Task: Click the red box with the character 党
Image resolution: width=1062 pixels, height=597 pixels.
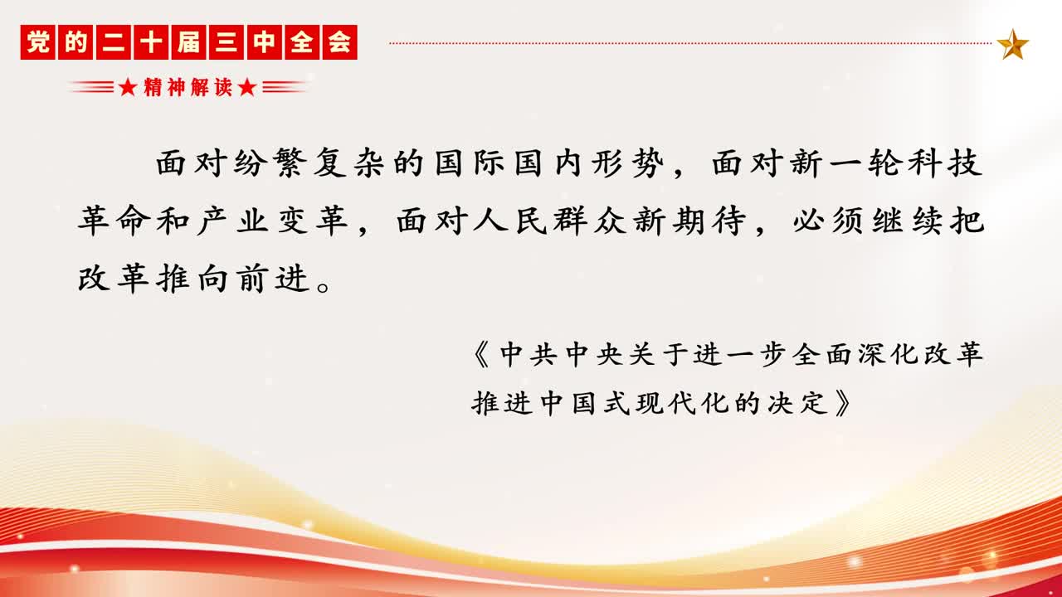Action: (38, 42)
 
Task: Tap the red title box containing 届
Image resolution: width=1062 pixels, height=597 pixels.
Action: (188, 42)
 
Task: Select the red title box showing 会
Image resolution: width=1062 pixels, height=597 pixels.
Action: (340, 42)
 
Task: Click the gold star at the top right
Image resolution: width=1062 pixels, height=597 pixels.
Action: (1013, 44)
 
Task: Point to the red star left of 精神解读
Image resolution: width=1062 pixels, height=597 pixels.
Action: (128, 87)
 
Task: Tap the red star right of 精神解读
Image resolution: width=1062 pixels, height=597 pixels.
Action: (247, 87)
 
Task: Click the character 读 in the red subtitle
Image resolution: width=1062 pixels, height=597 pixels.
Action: (223, 87)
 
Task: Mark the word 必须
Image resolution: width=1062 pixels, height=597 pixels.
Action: (827, 221)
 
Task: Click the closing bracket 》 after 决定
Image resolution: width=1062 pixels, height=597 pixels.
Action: (843, 404)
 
